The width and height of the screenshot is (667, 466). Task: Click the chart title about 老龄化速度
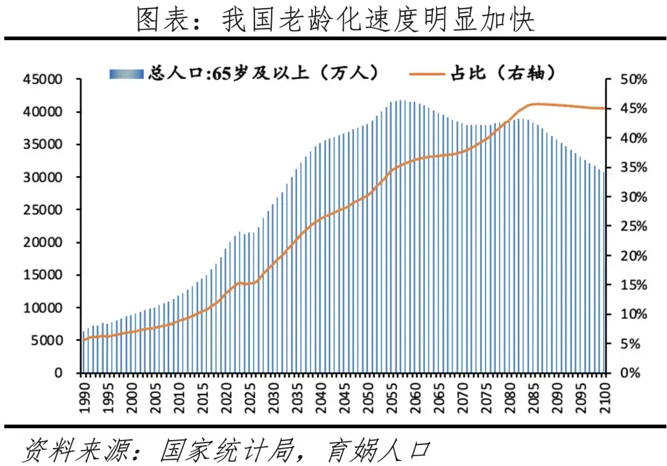click(334, 20)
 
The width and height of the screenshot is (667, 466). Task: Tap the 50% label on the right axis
click(634, 80)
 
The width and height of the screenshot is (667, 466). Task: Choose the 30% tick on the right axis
click(634, 197)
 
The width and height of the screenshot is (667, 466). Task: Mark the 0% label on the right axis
click(630, 373)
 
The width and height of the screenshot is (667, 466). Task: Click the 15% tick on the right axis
click(634, 285)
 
